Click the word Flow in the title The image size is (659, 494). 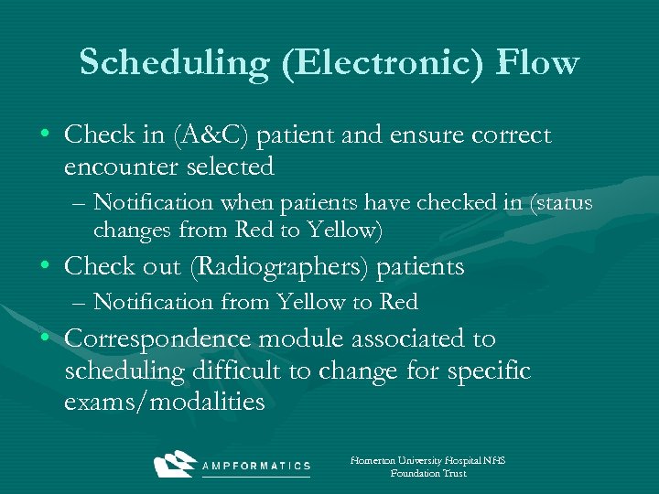[x=537, y=62]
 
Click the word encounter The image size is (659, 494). [x=123, y=166]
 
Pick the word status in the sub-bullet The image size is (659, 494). [x=559, y=201]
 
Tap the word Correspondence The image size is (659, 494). [x=158, y=338]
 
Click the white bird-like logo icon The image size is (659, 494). [x=177, y=464]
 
